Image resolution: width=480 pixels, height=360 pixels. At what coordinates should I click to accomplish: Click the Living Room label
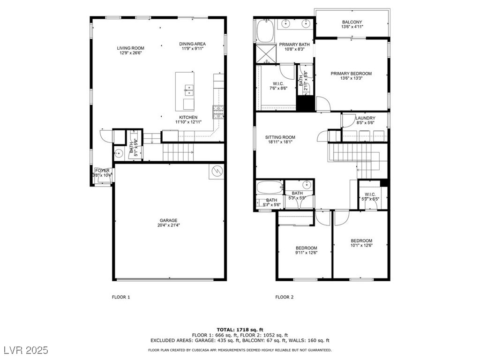point(130,48)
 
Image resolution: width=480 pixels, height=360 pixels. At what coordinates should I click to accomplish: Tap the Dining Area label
point(192,44)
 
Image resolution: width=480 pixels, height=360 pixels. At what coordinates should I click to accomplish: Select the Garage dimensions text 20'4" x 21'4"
point(168,225)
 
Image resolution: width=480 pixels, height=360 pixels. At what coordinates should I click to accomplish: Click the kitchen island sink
point(188,88)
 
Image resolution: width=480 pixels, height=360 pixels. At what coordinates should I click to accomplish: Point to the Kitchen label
point(188,117)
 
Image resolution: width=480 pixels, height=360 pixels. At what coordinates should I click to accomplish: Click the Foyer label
point(102,171)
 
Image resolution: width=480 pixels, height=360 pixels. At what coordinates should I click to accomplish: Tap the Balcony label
point(352,22)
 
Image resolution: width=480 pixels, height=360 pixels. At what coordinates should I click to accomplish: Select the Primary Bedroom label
point(351,74)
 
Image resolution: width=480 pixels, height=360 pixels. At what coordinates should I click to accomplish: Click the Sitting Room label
point(280,137)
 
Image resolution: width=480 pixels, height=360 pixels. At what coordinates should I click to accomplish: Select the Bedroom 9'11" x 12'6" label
point(306,248)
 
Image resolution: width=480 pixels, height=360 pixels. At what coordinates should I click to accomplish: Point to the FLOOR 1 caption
point(121,297)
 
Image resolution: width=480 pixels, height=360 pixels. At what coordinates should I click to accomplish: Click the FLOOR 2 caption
point(284,297)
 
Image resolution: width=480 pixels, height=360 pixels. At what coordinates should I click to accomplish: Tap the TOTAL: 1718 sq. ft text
point(240,330)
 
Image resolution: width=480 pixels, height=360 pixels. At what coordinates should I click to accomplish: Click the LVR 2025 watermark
point(27,350)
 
